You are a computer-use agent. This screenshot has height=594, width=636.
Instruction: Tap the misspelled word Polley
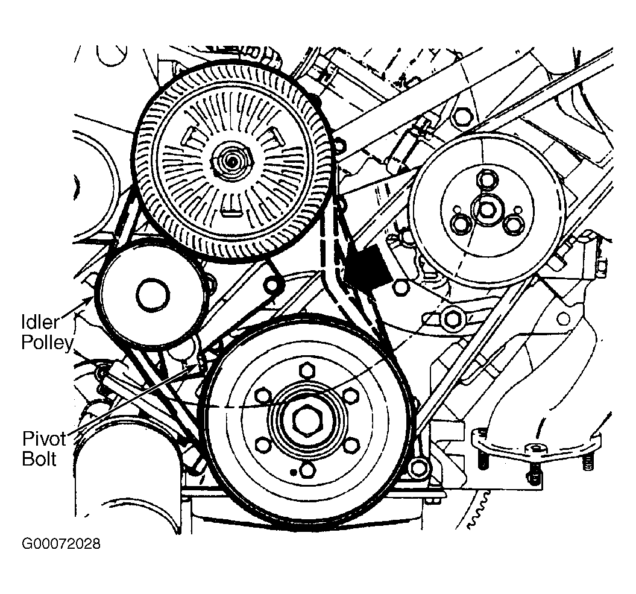click(x=47, y=343)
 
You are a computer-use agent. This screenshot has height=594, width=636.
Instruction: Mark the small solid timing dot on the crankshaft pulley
click(x=292, y=471)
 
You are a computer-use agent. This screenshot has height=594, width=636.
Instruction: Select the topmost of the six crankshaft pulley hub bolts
click(x=306, y=368)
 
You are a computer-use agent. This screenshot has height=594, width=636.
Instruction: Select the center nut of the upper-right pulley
click(x=486, y=209)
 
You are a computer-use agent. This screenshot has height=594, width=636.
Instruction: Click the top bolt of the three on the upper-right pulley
click(x=485, y=180)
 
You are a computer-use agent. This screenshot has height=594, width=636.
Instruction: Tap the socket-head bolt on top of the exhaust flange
click(x=536, y=448)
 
